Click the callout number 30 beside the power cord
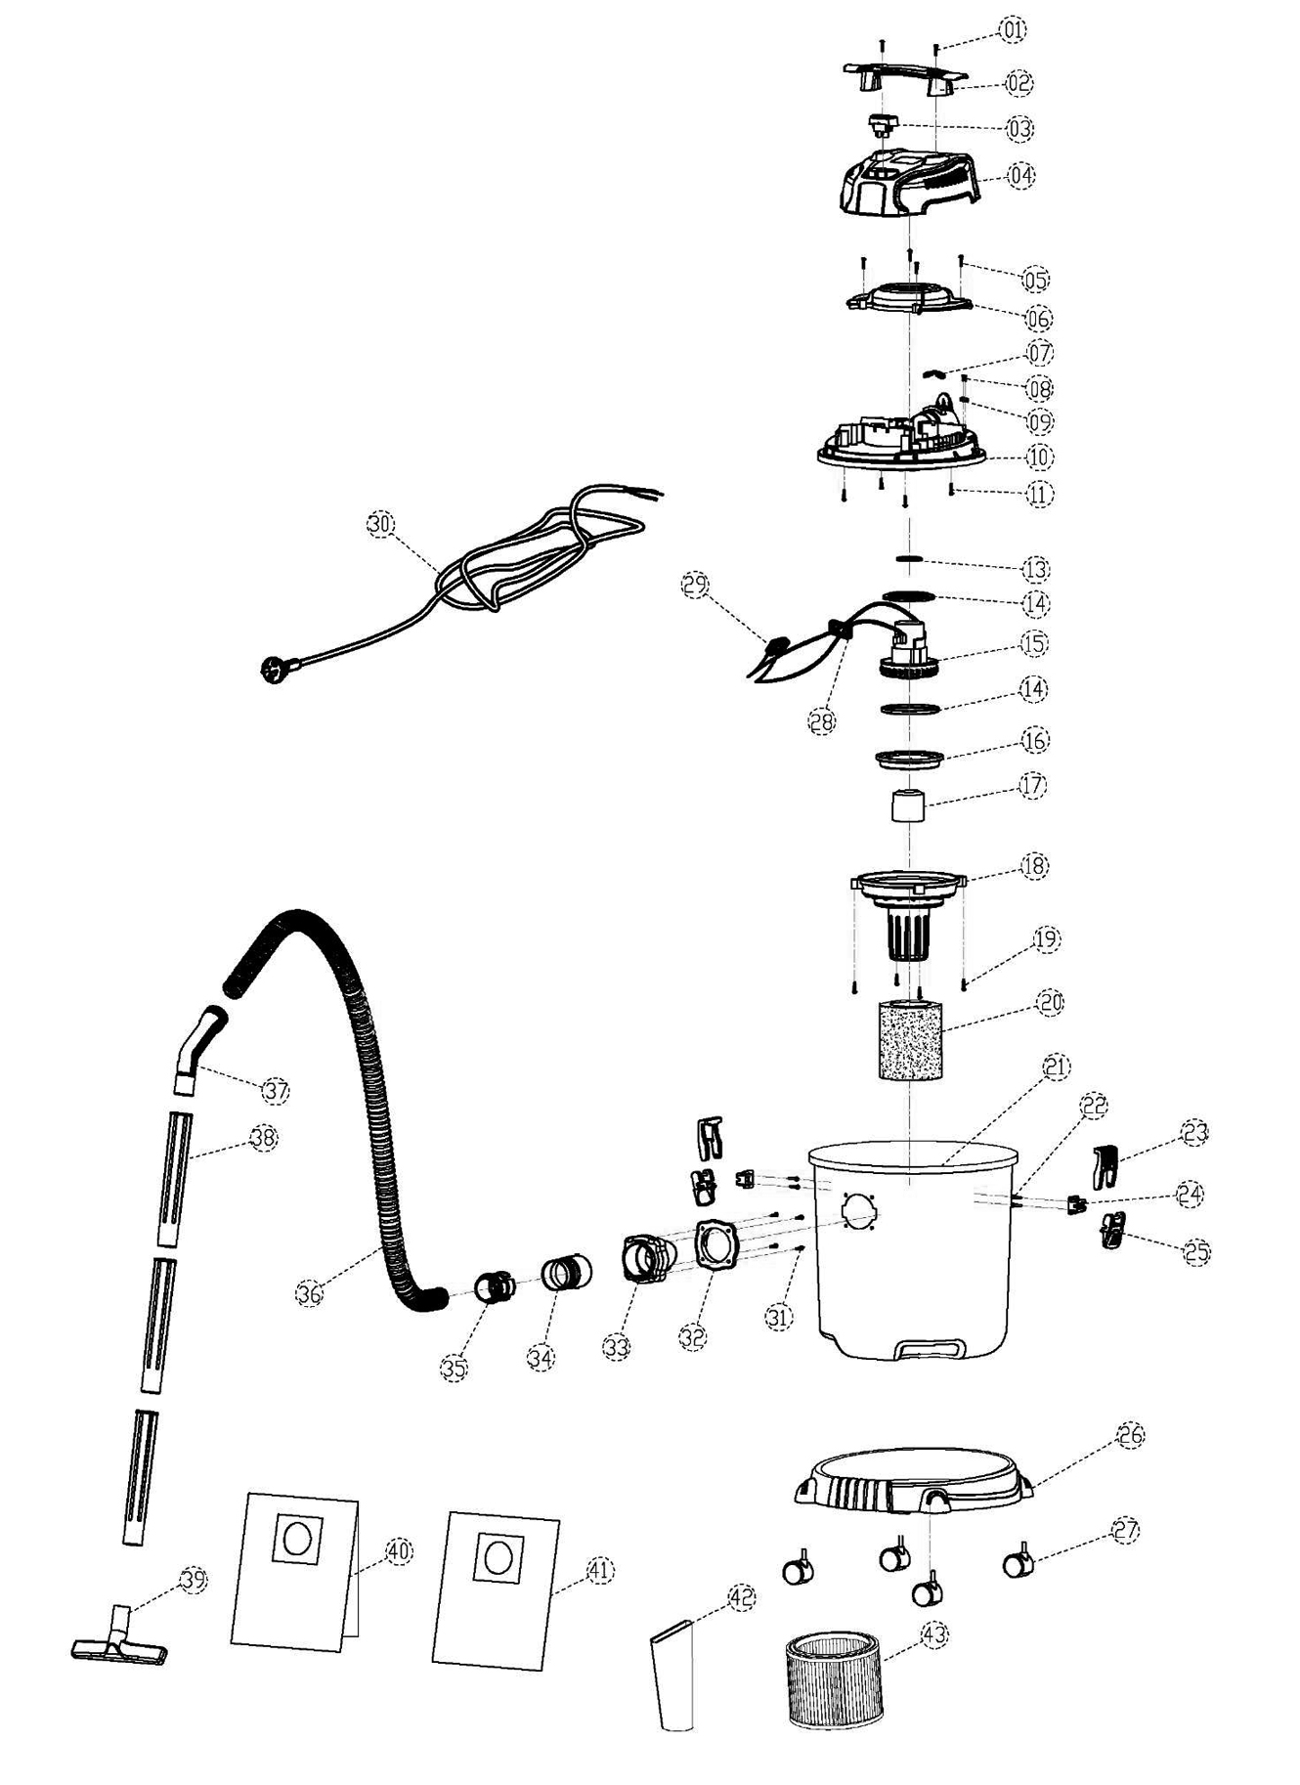click(x=380, y=524)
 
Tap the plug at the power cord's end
click(x=271, y=670)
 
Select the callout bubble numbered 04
click(x=1020, y=176)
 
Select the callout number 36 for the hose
click(x=310, y=1292)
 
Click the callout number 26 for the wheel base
click(x=1131, y=1435)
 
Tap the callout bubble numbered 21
click(x=1057, y=1067)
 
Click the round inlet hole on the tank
click(x=859, y=1212)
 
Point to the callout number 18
click(x=1034, y=865)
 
